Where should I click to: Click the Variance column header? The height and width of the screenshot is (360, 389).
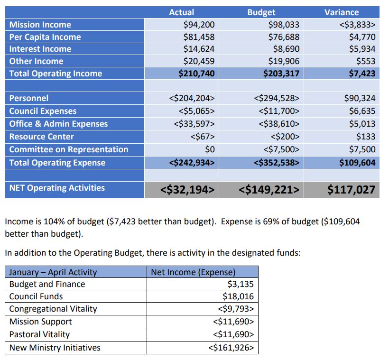[342, 12]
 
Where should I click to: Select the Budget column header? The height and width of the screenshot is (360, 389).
[261, 12]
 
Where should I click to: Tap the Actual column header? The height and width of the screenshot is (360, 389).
[181, 12]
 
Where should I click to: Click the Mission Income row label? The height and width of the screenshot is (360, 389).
[40, 25]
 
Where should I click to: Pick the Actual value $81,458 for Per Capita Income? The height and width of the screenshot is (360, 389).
[199, 37]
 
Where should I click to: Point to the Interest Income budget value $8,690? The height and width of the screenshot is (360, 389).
[286, 49]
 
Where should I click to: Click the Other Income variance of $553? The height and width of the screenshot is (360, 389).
[366, 61]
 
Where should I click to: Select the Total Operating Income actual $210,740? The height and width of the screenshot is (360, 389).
[196, 74]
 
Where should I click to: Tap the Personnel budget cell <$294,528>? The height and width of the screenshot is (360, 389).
[277, 98]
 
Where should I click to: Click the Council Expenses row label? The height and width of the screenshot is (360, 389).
[43, 111]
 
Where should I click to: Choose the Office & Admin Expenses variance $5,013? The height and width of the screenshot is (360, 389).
[362, 123]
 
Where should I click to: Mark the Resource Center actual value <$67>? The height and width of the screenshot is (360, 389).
[203, 137]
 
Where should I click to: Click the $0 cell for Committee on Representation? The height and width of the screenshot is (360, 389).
[210, 149]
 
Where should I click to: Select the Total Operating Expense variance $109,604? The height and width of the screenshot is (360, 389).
[358, 163]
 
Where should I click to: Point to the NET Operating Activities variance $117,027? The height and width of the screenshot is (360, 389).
[352, 190]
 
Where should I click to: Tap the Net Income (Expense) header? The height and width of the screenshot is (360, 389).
[193, 272]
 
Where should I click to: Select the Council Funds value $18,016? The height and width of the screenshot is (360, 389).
[238, 296]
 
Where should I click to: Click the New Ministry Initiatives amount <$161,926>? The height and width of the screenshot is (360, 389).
[231, 348]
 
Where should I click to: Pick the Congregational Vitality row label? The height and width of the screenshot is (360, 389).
[53, 309]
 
